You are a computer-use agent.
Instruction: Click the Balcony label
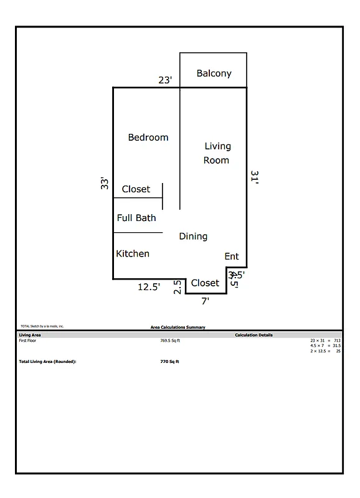(x=214, y=73)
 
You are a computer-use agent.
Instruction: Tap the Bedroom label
(x=148, y=137)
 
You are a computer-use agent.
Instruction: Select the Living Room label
(x=217, y=153)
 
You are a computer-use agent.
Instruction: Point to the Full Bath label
(x=136, y=218)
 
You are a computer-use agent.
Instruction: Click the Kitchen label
(x=133, y=253)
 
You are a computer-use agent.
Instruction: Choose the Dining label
(x=193, y=237)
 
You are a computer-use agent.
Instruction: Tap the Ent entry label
(x=232, y=256)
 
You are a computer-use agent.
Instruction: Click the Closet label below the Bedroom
(x=136, y=189)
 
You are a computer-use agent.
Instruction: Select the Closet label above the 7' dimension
(x=205, y=283)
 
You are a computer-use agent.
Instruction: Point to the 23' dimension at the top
(x=165, y=80)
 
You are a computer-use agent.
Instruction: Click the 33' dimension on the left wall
(x=105, y=183)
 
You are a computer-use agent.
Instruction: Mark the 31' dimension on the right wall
(x=254, y=178)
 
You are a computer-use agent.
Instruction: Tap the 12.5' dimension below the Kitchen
(x=149, y=287)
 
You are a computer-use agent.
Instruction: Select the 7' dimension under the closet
(x=205, y=301)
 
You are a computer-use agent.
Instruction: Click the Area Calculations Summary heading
(x=178, y=327)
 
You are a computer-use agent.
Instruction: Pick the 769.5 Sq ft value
(x=169, y=341)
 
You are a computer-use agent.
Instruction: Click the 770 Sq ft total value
(x=169, y=361)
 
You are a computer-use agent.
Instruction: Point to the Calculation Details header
(x=253, y=335)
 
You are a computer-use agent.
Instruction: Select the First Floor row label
(x=28, y=341)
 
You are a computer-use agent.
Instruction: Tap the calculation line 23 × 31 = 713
(x=325, y=341)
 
